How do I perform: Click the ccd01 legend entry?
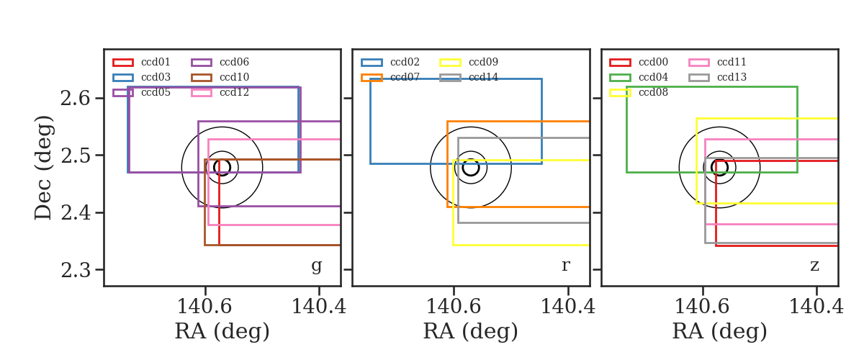tap(141, 62)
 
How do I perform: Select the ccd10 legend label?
tap(234, 77)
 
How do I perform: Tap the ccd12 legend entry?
tap(220, 93)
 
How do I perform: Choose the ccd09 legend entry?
tap(468, 62)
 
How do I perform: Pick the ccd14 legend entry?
tap(468, 77)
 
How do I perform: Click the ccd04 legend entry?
tap(639, 77)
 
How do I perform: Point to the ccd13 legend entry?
tap(717, 77)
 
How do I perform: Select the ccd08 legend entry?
tap(639, 93)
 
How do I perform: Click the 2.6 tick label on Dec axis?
tap(75, 99)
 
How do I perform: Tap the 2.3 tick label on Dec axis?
tap(75, 270)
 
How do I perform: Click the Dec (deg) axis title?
tap(42, 168)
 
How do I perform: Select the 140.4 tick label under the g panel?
tap(319, 307)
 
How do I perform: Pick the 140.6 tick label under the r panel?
tap(454, 307)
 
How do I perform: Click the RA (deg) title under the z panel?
tap(720, 331)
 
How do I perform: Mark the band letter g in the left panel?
tap(316, 266)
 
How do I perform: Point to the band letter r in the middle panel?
tap(566, 266)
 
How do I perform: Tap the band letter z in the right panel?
tap(814, 266)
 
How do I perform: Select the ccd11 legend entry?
tap(717, 62)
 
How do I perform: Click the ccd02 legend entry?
tap(390, 62)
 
